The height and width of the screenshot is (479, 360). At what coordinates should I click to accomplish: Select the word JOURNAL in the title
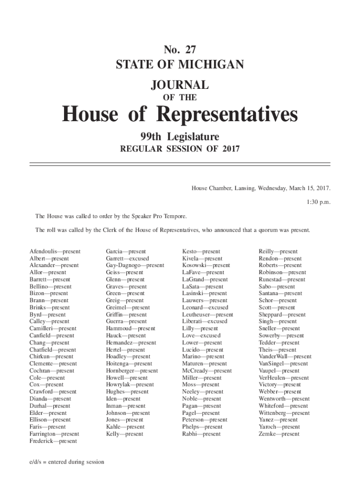pyautogui.click(x=180, y=85)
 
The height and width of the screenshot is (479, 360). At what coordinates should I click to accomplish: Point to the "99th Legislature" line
pyautogui.click(x=180, y=137)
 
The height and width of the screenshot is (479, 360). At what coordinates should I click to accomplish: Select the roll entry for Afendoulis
pyautogui.click(x=55, y=252)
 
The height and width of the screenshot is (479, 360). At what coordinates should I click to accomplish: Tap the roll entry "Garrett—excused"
pyautogui.click(x=127, y=259)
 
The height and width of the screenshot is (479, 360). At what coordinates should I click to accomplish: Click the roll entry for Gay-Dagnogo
pyautogui.click(x=135, y=266)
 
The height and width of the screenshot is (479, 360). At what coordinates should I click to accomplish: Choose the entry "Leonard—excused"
pyautogui.click(x=205, y=308)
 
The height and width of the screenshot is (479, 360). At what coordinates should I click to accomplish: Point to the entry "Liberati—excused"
pyautogui.click(x=204, y=322)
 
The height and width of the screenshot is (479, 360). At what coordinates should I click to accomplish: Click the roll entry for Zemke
pyautogui.click(x=279, y=434)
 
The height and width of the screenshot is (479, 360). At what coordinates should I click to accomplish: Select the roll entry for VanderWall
pyautogui.click(x=285, y=357)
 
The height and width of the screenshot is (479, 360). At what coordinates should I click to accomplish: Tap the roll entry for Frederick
pyautogui.click(x=53, y=441)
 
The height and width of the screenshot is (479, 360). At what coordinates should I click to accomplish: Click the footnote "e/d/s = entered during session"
pyautogui.click(x=65, y=462)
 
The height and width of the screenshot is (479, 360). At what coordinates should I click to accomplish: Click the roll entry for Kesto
pyautogui.click(x=201, y=252)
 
